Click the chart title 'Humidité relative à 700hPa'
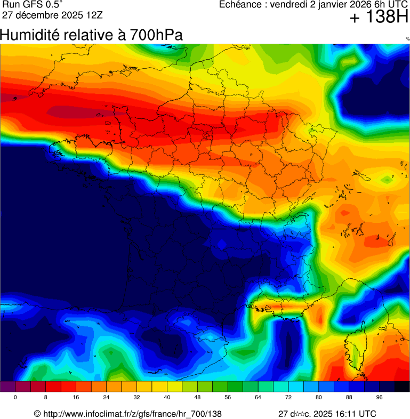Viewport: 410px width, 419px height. tap(92, 35)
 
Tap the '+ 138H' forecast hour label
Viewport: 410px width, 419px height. tap(379, 18)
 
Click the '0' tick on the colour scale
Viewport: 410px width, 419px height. tap(15, 398)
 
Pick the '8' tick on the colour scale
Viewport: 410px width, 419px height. tap(46, 398)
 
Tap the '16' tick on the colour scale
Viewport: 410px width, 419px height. tap(76, 398)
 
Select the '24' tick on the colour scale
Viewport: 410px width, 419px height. tap(107, 398)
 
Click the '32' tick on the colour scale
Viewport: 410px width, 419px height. tap(137, 398)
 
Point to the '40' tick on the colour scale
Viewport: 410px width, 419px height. tap(167, 398)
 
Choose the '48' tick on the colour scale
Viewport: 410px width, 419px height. tap(198, 398)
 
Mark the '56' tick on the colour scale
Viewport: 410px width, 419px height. tap(228, 398)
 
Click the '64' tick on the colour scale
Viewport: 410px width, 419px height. tap(259, 398)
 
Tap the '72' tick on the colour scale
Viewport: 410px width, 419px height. tap(289, 398)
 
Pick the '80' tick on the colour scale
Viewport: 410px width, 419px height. tap(319, 398)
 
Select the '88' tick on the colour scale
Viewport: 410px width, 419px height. tap(349, 398)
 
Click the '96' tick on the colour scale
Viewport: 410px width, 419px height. tap(380, 398)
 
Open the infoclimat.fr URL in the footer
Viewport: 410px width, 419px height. tap(132, 414)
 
